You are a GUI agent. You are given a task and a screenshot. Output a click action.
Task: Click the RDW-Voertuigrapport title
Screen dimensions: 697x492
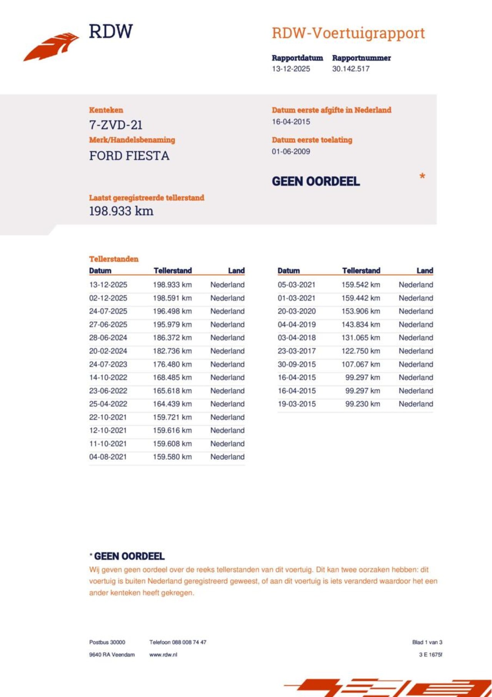coord(348,33)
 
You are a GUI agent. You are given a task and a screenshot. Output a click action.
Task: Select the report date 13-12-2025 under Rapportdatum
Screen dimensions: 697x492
coord(291,69)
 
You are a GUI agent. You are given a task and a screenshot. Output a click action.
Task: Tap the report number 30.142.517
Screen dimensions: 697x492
coord(351,69)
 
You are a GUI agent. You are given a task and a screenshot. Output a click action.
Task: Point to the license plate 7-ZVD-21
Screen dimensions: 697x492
coord(116,125)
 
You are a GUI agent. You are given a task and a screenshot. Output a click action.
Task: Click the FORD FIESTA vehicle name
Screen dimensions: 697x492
coord(129,156)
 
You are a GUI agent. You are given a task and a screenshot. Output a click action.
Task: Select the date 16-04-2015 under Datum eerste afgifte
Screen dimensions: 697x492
coord(291,122)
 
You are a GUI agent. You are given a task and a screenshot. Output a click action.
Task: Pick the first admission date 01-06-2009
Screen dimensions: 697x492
coord(291,152)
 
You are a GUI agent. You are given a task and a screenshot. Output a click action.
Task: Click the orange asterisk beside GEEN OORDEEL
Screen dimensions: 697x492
coord(422,177)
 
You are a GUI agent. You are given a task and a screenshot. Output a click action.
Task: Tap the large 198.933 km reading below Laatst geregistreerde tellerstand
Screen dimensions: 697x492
coord(121,211)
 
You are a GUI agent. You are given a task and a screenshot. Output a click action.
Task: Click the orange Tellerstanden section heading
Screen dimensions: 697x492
coord(114,259)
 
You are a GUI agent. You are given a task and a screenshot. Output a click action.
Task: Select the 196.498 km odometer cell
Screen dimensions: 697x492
coord(172,311)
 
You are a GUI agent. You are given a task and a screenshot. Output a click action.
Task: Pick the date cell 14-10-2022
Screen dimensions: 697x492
coord(108,377)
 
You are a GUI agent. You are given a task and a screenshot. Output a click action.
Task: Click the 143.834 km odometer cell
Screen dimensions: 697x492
coord(361,324)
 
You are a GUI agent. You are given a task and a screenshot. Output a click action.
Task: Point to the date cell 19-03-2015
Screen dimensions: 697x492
coord(297,404)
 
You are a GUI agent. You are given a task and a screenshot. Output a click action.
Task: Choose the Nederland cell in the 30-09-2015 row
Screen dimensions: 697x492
coord(416,364)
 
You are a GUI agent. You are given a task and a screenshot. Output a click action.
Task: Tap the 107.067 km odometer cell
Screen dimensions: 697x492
coord(361,364)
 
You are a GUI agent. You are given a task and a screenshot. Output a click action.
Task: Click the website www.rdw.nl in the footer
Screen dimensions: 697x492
coord(163,654)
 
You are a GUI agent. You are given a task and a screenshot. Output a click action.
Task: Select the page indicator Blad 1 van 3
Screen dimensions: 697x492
coord(427,642)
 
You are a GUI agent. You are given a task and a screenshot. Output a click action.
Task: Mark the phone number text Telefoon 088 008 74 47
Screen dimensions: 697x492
coord(178,642)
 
